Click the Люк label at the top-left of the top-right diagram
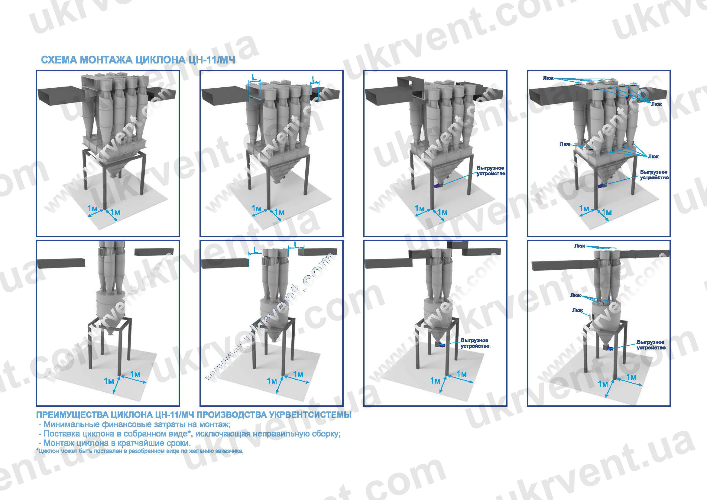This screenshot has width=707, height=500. (x=548, y=78)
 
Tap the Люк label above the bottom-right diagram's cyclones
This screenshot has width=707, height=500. (x=579, y=246)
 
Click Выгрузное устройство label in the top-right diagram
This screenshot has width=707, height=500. (x=654, y=175)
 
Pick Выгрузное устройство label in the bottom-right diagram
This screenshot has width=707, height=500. (x=651, y=345)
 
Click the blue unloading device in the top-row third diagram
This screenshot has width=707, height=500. (x=438, y=186)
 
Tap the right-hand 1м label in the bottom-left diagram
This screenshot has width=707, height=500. (x=135, y=374)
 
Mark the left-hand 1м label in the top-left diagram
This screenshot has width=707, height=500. (x=92, y=209)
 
